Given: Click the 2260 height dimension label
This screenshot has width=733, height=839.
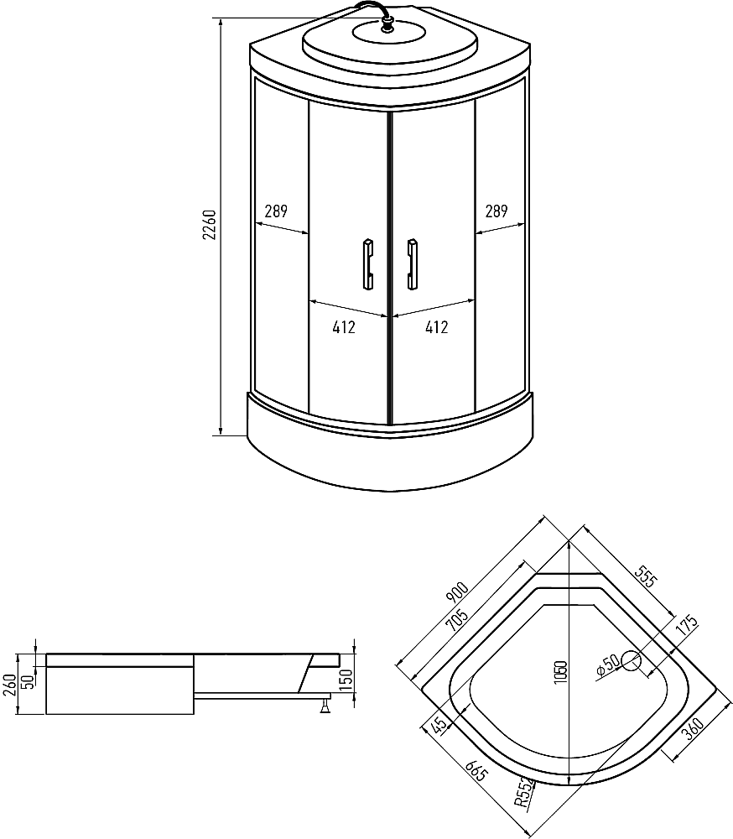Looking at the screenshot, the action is click(209, 225).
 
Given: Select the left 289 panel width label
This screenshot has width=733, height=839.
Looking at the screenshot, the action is click(276, 211).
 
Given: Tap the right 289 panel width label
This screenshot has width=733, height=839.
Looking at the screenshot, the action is click(496, 211).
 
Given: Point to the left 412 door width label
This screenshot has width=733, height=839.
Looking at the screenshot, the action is click(344, 327).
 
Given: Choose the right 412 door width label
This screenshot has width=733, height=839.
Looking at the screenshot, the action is click(437, 327).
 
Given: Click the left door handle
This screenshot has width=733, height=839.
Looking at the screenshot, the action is click(368, 265).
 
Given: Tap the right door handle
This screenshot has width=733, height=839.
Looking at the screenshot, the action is click(412, 265).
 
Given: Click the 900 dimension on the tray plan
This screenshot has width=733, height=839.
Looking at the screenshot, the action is click(457, 593).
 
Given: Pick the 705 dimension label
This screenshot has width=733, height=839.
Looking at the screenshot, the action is click(456, 620).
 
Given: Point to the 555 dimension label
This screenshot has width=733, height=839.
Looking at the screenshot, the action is click(645, 576).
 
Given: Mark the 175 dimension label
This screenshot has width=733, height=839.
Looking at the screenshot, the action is click(687, 626).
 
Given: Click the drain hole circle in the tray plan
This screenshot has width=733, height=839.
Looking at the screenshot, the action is click(631, 661).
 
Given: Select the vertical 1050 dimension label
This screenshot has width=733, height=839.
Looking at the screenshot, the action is click(560, 672).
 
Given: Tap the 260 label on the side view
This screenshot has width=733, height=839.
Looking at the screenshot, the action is click(9, 685).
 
